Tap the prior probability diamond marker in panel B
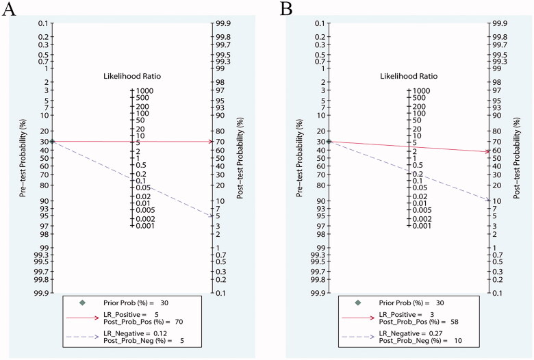[329, 141]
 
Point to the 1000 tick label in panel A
[146, 90]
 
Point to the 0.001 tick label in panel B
[422, 226]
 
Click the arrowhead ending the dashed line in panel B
[487, 200]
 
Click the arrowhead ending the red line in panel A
[211, 142]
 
